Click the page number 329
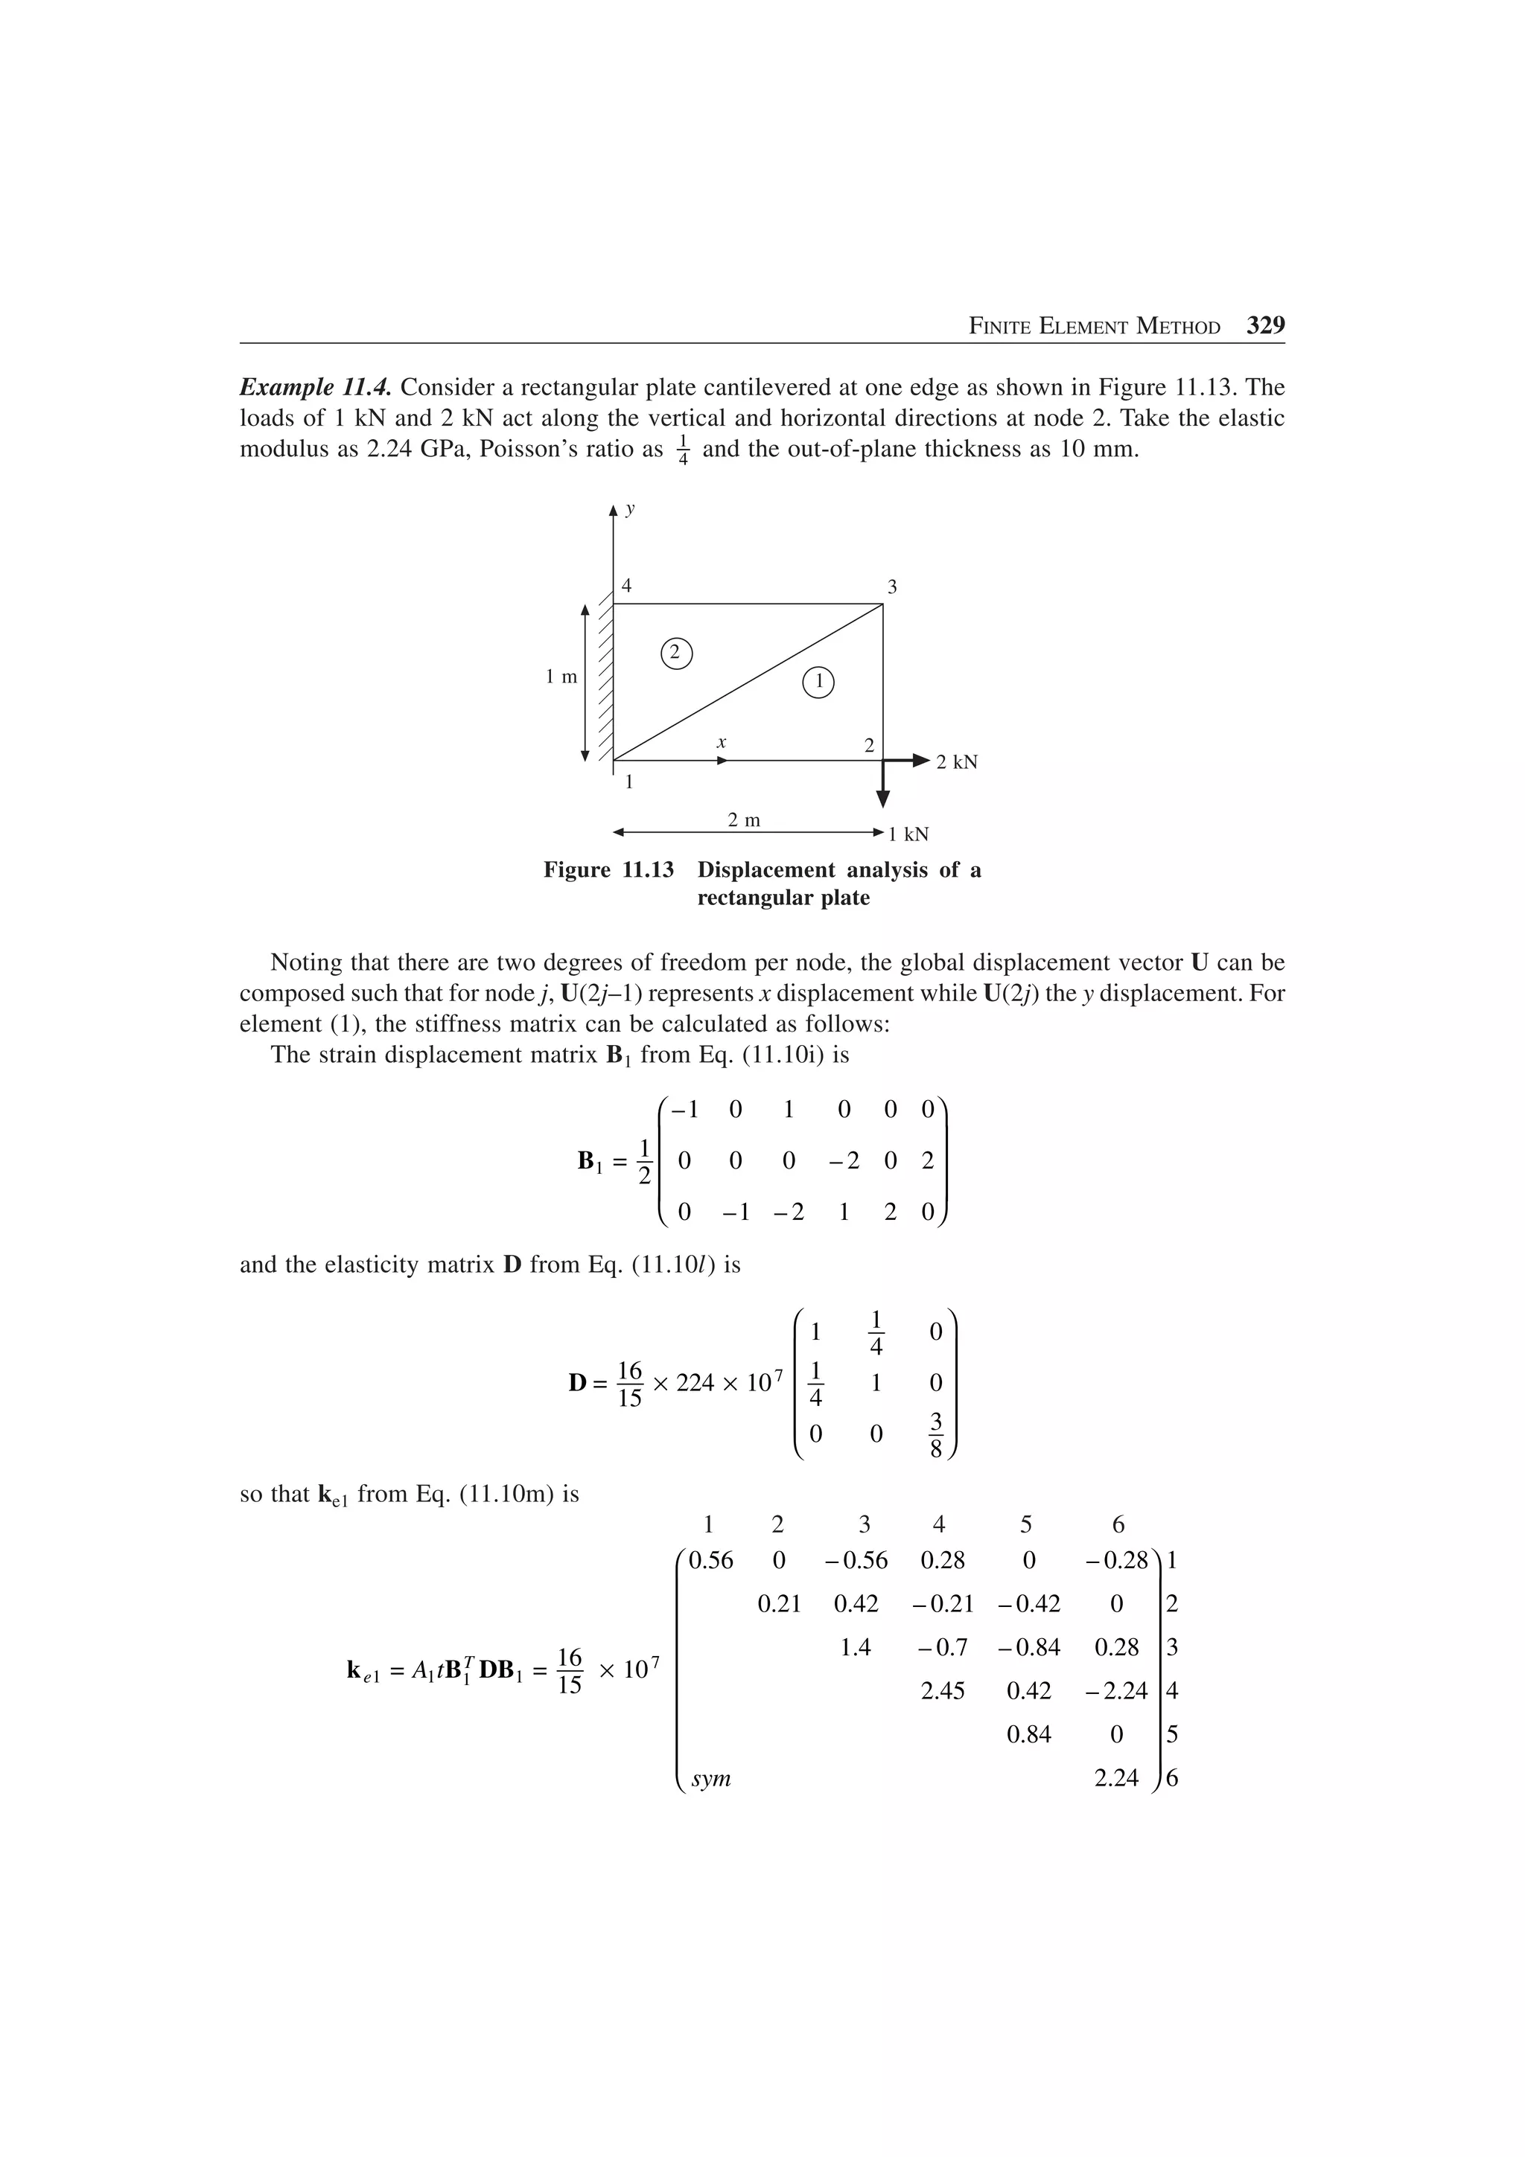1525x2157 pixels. [1264, 326]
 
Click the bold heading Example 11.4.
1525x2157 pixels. [316, 387]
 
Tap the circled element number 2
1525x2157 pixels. [675, 652]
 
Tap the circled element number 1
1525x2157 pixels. [818, 682]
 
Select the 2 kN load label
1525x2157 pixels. [957, 762]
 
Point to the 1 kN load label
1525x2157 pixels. [908, 834]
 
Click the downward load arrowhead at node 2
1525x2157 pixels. [882, 799]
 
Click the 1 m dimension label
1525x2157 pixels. [562, 677]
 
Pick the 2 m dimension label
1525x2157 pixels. [744, 820]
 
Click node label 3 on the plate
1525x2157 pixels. [892, 587]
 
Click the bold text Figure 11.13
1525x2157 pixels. [609, 870]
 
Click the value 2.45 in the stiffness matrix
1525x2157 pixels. [943, 1691]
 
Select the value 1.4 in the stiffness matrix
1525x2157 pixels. [855, 1647]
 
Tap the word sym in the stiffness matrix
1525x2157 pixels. [710, 1778]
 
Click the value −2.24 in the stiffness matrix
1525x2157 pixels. [1116, 1691]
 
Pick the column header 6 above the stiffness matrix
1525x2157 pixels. [1117, 1524]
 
